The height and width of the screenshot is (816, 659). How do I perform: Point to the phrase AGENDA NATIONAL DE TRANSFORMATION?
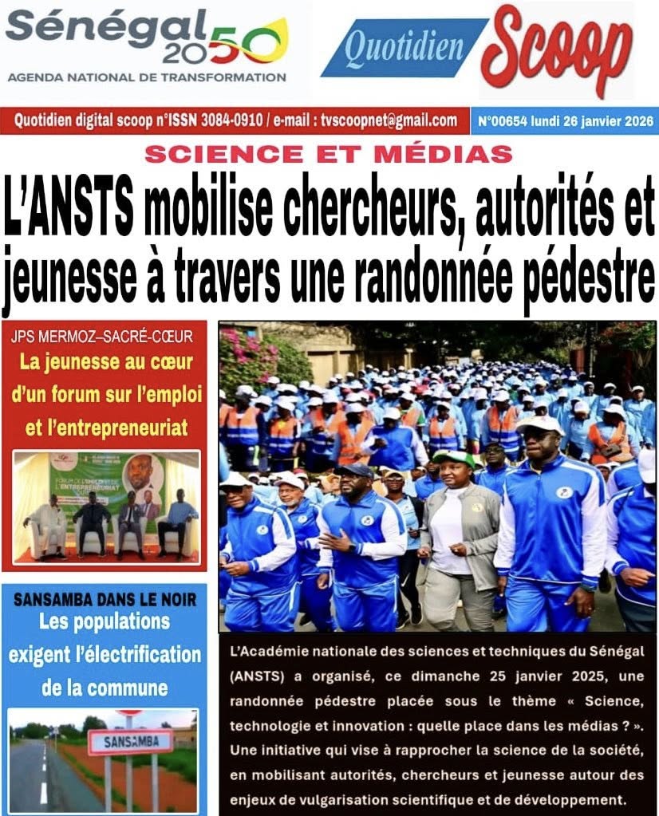click(x=147, y=77)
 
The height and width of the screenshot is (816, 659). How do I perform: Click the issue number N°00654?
click(x=504, y=122)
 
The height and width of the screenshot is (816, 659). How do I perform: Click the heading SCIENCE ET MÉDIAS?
click(x=328, y=152)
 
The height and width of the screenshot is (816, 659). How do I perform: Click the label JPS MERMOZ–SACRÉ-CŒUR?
click(x=103, y=337)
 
